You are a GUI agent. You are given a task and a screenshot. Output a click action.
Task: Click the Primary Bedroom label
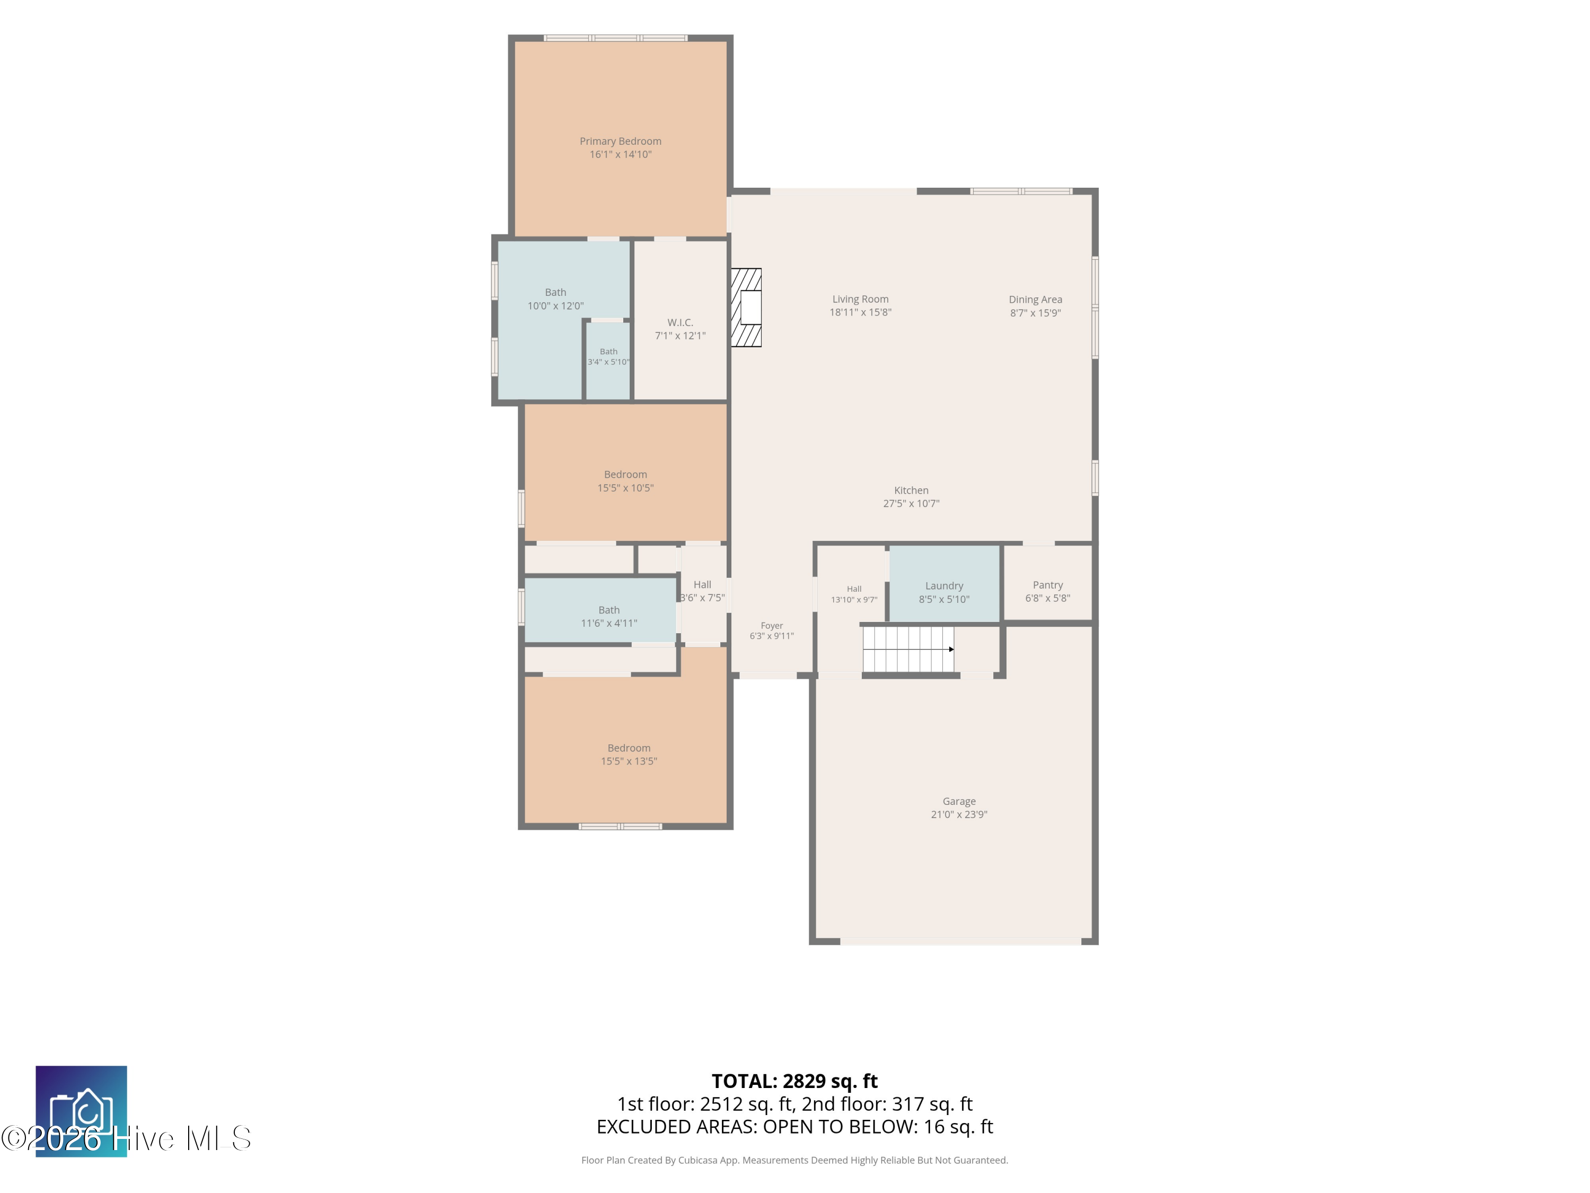click(620, 141)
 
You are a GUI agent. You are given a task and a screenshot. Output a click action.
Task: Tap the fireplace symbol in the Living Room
click(746, 308)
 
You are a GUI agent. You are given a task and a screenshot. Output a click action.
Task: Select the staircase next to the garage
click(908, 650)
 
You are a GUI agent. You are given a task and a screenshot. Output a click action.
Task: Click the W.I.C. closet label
click(680, 323)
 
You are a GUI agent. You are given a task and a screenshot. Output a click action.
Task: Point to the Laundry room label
click(944, 586)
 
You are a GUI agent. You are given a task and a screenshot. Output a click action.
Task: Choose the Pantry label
click(1047, 585)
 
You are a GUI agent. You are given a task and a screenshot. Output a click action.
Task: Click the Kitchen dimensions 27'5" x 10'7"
click(911, 503)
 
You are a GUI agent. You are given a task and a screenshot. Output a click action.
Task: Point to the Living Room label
click(860, 299)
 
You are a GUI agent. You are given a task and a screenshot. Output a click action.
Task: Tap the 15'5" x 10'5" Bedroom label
click(625, 475)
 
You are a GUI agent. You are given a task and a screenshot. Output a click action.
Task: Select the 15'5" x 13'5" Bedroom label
click(629, 748)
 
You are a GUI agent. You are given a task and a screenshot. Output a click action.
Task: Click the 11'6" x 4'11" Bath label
click(609, 610)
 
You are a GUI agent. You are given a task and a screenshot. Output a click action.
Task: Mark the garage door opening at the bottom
click(960, 941)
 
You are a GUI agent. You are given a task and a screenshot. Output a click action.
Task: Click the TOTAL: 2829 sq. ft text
click(794, 1081)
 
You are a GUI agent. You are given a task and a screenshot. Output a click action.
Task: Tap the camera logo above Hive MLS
click(81, 1111)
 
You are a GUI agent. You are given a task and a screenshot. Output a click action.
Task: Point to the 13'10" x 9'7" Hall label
click(854, 589)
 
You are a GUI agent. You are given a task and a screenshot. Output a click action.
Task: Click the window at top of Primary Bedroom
click(615, 38)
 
